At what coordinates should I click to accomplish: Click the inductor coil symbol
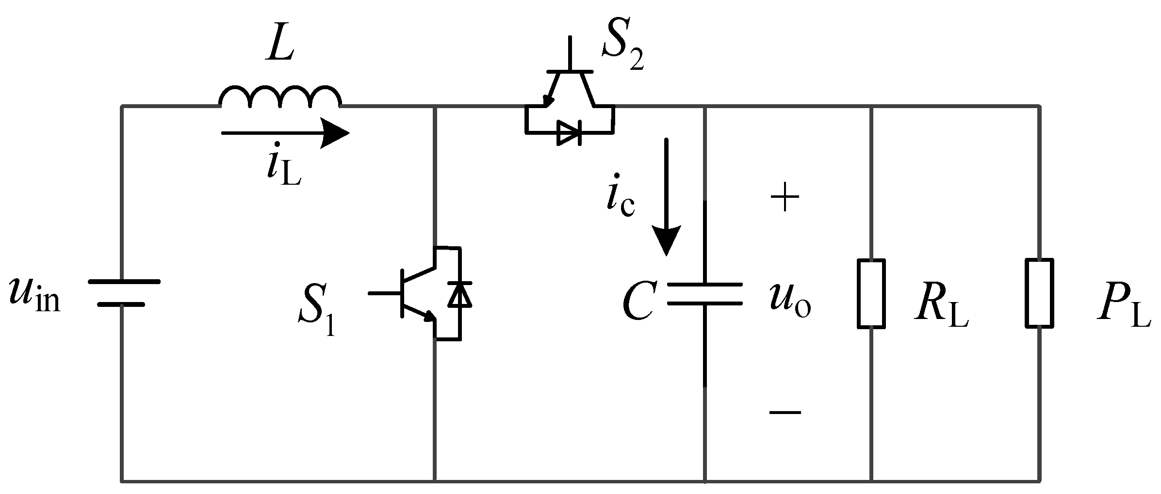click(280, 97)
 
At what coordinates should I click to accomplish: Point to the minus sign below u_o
click(785, 413)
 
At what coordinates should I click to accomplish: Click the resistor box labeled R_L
click(871, 293)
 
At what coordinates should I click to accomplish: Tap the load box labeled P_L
click(1039, 293)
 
